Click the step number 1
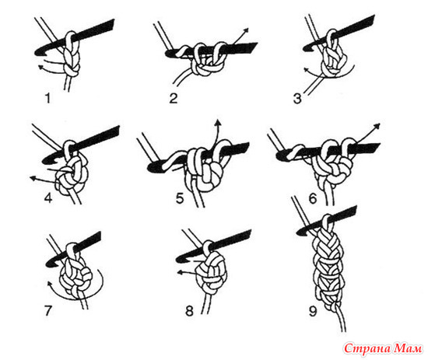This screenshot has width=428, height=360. pyautogui.click(x=48, y=98)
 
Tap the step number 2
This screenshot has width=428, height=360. pyautogui.click(x=174, y=98)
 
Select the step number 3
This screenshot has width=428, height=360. pyautogui.click(x=297, y=99)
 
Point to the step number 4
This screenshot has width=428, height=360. pyautogui.click(x=48, y=197)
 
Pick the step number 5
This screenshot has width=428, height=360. pyautogui.click(x=180, y=198)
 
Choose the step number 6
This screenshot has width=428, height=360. pyautogui.click(x=313, y=198)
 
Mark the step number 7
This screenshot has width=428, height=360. pyautogui.click(x=48, y=311)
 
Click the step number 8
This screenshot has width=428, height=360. pyautogui.click(x=189, y=311)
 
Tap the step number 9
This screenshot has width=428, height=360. pyautogui.click(x=313, y=311)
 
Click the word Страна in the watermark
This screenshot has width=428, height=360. pyautogui.click(x=367, y=348)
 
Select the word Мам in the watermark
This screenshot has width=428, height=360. pyautogui.click(x=409, y=348)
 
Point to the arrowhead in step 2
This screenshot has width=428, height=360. pyautogui.click(x=246, y=30)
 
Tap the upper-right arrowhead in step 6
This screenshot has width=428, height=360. pyautogui.click(x=377, y=126)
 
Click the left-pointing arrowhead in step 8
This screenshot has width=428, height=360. pyautogui.click(x=181, y=272)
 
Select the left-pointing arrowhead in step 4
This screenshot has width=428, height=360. pyautogui.click(x=33, y=178)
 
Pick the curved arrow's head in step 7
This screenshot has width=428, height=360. pyautogui.click(x=50, y=284)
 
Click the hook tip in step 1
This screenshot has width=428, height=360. pyautogui.click(x=37, y=53)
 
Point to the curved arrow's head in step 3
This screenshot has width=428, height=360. pyautogui.click(x=307, y=69)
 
